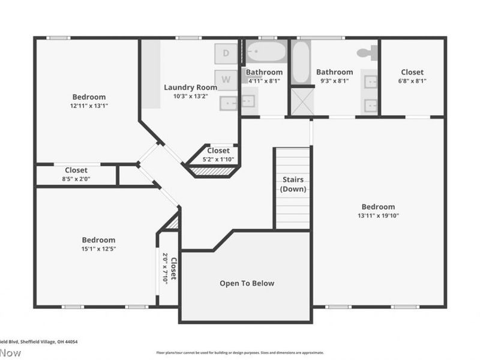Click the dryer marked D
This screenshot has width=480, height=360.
[x=226, y=53]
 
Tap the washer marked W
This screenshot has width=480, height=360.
[x=226, y=79]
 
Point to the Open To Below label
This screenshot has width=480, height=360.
[x=247, y=283]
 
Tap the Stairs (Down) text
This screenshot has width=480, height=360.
[x=293, y=184]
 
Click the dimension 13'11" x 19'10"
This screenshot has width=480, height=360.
[x=378, y=216]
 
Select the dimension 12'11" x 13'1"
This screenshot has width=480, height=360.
[x=89, y=106]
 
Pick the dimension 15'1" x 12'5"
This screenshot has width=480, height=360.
[x=98, y=248]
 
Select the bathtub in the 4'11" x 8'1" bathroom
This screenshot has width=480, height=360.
[x=266, y=53]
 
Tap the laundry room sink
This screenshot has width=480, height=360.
[x=228, y=103]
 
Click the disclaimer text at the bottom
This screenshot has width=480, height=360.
[x=239, y=353]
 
